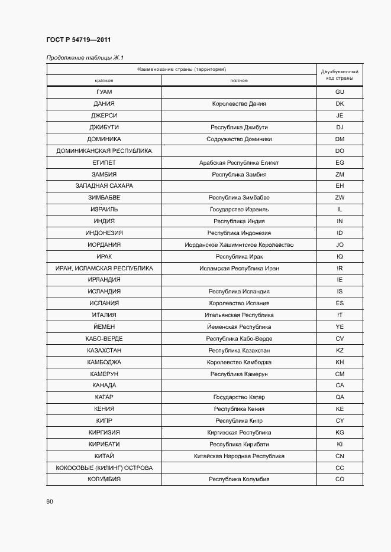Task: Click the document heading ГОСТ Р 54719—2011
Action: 78,40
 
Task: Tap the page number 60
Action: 50,501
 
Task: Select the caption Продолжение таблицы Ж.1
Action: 85,57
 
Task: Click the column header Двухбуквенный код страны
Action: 340,74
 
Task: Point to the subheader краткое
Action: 104,80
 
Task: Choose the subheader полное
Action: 239,80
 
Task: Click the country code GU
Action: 340,92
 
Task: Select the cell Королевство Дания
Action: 239,104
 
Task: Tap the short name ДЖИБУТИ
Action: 104,128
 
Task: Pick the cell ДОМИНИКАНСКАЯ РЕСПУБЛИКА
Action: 104,151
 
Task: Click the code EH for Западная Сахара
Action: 340,186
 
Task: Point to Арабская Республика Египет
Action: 239,162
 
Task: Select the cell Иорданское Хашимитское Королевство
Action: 239,245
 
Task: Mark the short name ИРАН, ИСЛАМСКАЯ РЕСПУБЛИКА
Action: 104,269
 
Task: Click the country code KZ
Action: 340,351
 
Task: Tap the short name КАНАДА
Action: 104,386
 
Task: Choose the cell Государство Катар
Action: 239,397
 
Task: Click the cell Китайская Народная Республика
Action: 239,456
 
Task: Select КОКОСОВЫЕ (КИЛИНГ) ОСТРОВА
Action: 104,468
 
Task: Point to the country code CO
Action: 340,479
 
